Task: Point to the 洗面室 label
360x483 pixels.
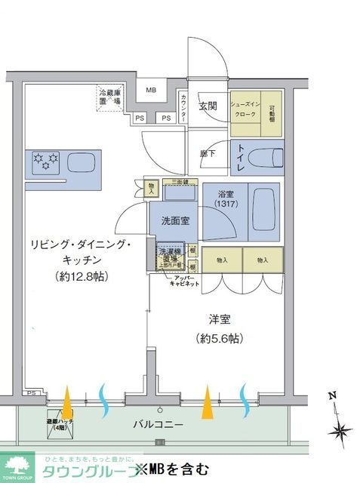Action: point(174,220)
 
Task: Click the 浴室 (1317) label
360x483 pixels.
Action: point(225,198)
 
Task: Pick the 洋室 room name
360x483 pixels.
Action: point(219,318)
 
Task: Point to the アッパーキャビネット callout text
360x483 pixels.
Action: point(183,281)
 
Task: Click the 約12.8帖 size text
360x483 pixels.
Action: point(82,277)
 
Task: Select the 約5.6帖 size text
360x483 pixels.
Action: point(219,338)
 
